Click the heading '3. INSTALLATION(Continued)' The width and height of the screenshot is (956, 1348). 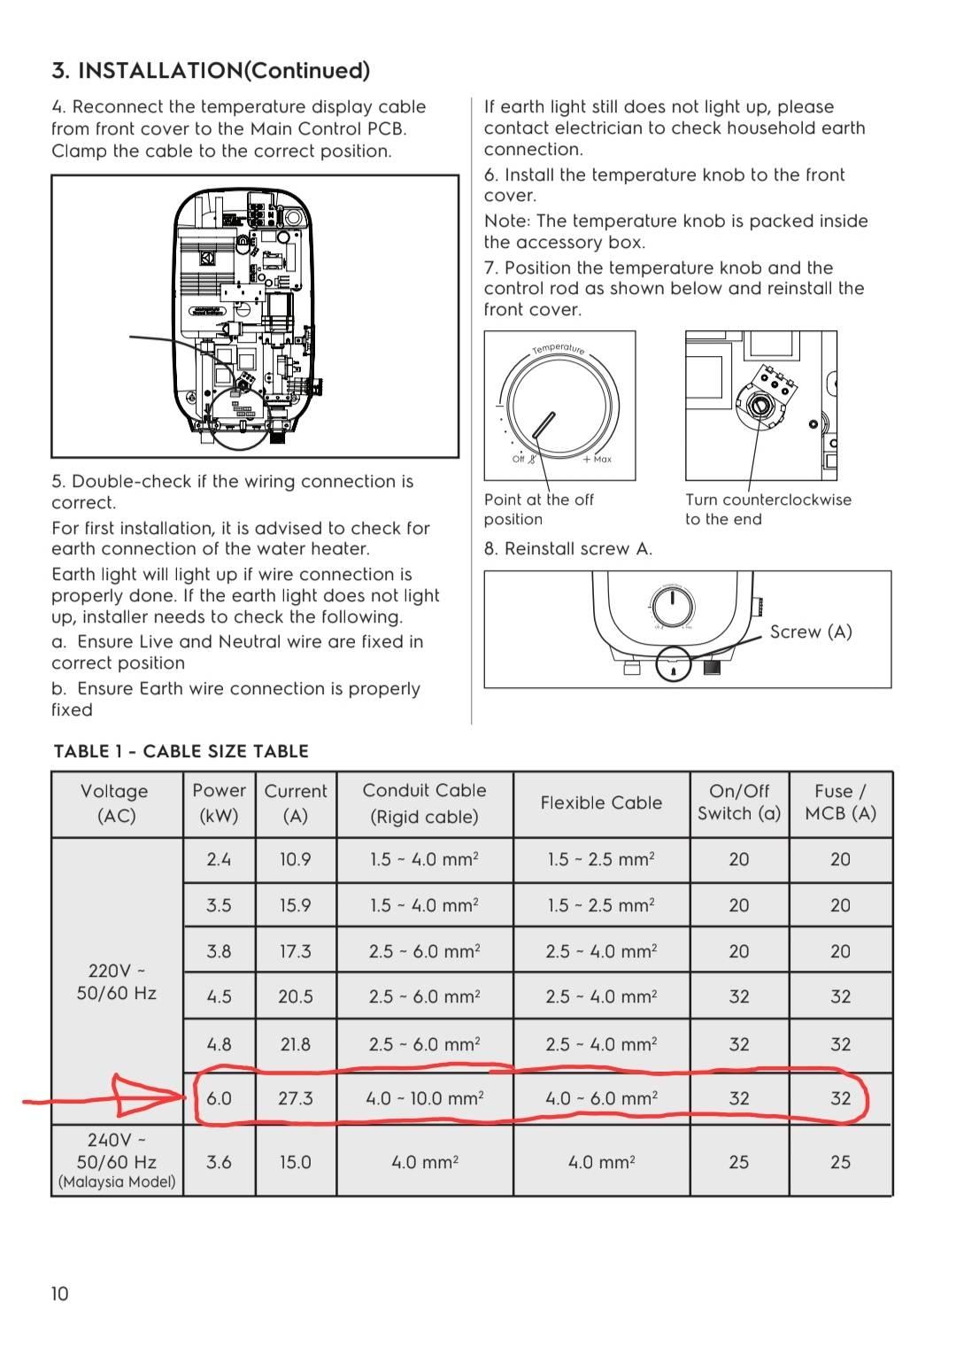coord(211,71)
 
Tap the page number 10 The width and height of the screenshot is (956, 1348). coord(59,1294)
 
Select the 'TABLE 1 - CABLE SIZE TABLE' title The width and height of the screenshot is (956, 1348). coord(181,751)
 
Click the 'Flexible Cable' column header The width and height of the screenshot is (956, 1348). coord(601,802)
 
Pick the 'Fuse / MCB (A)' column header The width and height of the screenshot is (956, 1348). coord(840,802)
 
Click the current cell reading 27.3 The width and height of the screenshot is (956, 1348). coord(295,1098)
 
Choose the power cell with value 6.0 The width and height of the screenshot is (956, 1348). coord(219,1098)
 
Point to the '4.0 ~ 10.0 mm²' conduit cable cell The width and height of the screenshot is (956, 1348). coord(424,1098)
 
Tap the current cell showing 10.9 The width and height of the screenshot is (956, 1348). coord(295,859)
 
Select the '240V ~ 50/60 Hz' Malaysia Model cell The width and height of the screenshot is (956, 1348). coord(117,1160)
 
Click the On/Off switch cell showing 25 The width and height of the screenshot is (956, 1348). coord(739,1161)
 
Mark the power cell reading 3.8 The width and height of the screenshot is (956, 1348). coord(219,951)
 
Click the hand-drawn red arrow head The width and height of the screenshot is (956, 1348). coord(146,1097)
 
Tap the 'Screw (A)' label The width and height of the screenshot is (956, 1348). coord(810,631)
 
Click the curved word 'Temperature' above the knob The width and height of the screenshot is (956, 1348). coord(559,348)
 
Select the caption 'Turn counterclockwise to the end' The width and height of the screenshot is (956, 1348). coord(767,509)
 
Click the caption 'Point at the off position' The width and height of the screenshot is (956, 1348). coord(538,509)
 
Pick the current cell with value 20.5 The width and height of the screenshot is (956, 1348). coord(295,996)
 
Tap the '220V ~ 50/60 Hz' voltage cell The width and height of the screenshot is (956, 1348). coord(117,982)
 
